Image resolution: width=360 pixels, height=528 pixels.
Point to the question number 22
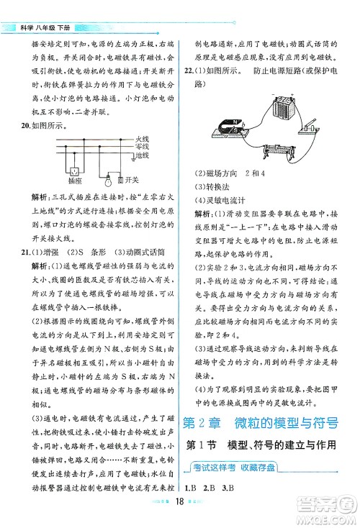pos(191,70)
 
